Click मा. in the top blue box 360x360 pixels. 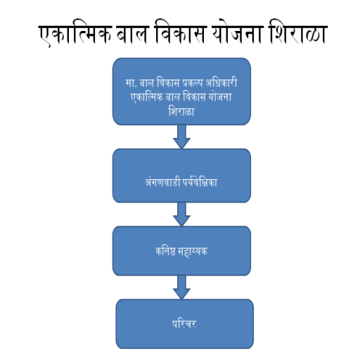[x=131, y=84]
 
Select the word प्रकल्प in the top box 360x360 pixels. [x=193, y=83]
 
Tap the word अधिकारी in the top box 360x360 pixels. [x=221, y=82]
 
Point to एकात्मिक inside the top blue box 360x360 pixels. [x=147, y=97]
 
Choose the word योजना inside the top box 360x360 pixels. [x=220, y=96]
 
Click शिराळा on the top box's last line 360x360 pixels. [x=181, y=111]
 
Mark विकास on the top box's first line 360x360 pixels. [x=168, y=82]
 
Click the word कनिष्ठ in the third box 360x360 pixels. [x=165, y=251]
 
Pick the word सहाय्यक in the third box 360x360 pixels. [x=193, y=252]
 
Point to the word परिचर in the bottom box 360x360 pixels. [x=184, y=323]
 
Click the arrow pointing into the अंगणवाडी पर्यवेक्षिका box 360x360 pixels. [x=181, y=137]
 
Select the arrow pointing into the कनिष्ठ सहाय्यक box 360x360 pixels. [x=181, y=214]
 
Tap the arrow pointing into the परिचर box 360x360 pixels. [x=181, y=288]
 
